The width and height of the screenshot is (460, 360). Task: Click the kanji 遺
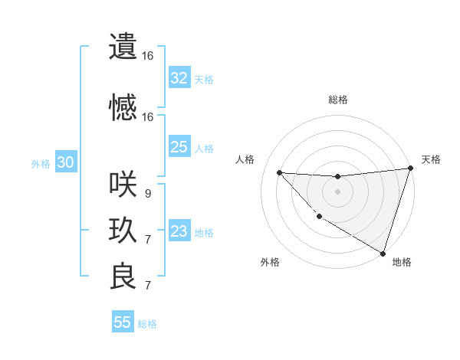pyautogui.click(x=123, y=47)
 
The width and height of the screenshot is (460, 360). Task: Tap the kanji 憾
pyautogui.click(x=123, y=108)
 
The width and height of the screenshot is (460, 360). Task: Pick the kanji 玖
pyautogui.click(x=123, y=231)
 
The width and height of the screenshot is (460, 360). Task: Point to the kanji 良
pyautogui.click(x=123, y=277)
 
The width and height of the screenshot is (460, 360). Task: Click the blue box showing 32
pyautogui.click(x=179, y=78)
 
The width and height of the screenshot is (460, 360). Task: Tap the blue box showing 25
pyautogui.click(x=179, y=147)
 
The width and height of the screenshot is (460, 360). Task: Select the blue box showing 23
pyautogui.click(x=179, y=231)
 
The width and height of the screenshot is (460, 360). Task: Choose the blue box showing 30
pyautogui.click(x=65, y=162)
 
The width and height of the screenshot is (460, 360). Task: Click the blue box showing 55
pyautogui.click(x=123, y=322)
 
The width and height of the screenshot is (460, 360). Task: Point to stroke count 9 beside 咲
pyautogui.click(x=147, y=194)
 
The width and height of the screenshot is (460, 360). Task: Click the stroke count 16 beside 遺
pyautogui.click(x=147, y=56)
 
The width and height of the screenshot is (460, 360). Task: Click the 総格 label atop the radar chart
pyautogui.click(x=337, y=100)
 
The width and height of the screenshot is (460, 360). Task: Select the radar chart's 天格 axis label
pyautogui.click(x=431, y=159)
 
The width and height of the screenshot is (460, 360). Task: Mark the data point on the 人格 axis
pyautogui.click(x=279, y=172)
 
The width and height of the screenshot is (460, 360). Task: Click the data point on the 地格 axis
pyautogui.click(x=383, y=253)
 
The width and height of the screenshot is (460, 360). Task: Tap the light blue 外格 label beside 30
pyautogui.click(x=40, y=163)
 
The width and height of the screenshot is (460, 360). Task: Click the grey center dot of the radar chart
pyautogui.click(x=337, y=191)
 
